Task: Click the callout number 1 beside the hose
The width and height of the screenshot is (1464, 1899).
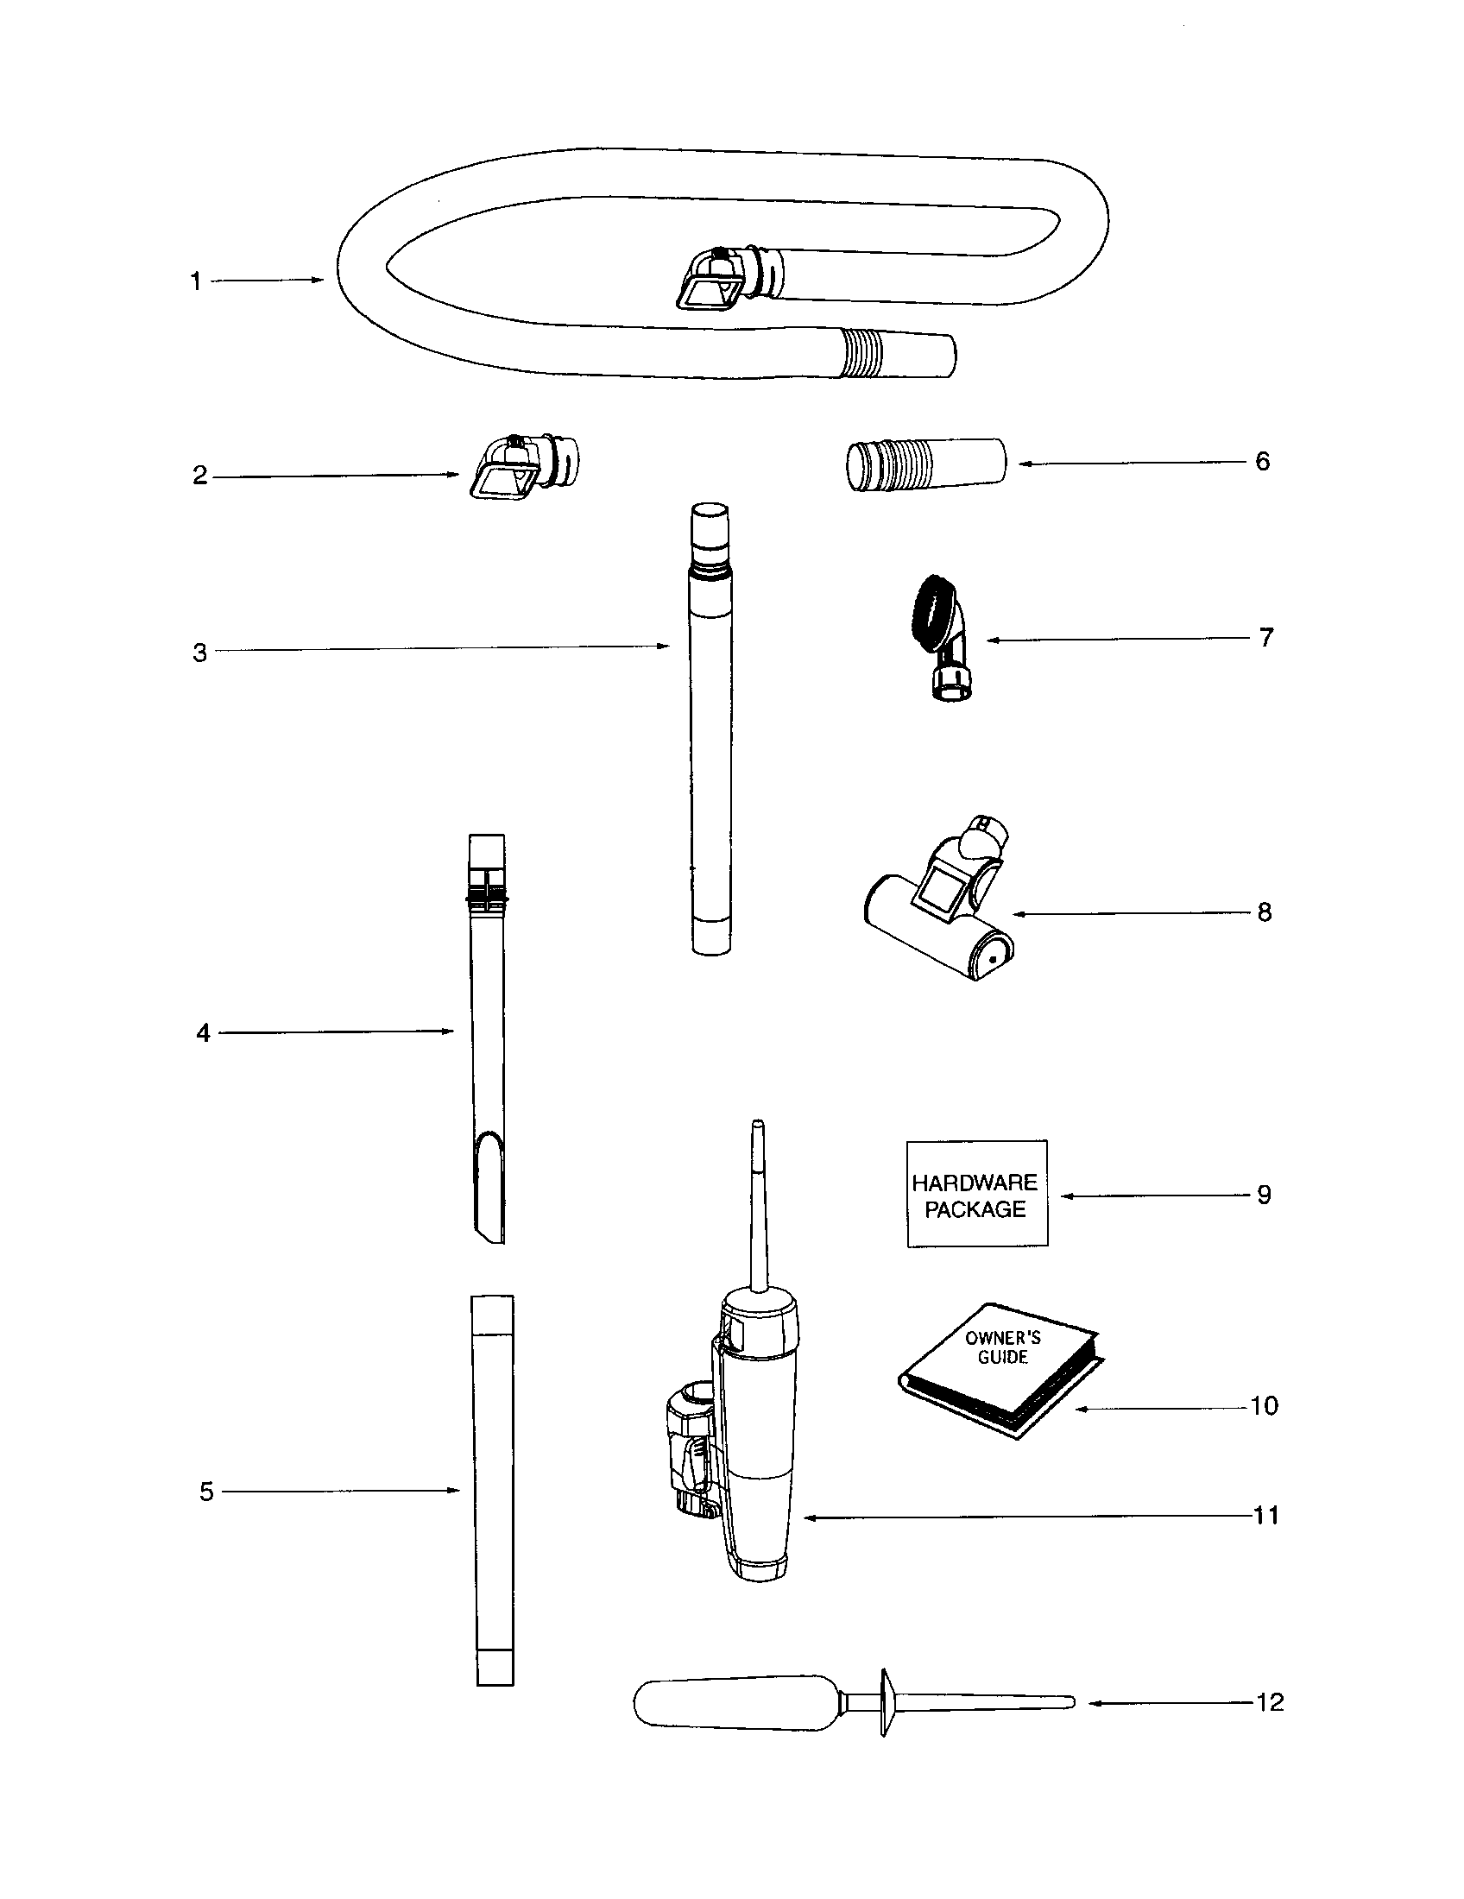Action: click(197, 281)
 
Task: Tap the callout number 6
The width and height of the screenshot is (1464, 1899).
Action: click(1262, 462)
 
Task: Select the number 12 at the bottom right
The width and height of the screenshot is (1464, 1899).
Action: click(1269, 1701)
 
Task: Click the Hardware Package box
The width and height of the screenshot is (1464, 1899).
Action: click(976, 1195)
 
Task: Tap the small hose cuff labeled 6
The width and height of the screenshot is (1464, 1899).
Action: click(925, 466)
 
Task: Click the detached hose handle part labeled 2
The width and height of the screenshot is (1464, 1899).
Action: click(522, 470)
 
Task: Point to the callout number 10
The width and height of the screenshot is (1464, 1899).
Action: click(1264, 1406)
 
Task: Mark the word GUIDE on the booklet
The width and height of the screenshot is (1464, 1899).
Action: click(1002, 1358)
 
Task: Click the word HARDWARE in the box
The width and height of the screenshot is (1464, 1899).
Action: click(975, 1183)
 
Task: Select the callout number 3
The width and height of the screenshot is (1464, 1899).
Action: click(200, 653)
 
